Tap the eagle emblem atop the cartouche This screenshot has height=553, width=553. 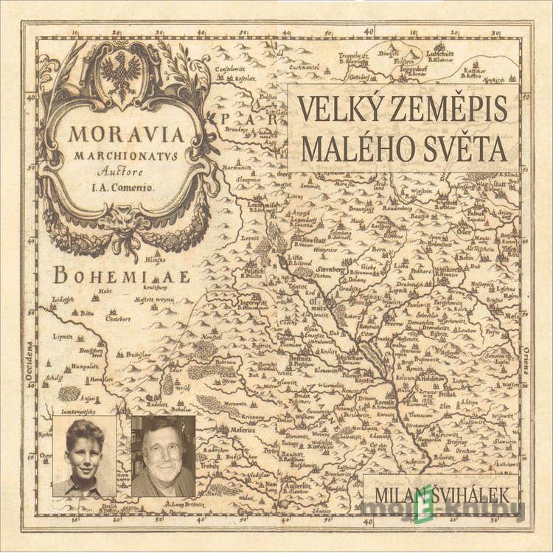coord(120,74)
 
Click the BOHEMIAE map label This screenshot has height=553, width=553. coord(122,276)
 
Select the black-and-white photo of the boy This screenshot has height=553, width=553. coord(84,456)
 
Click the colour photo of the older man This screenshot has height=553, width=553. coord(163,456)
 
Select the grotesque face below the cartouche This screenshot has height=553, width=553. coord(120,220)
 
